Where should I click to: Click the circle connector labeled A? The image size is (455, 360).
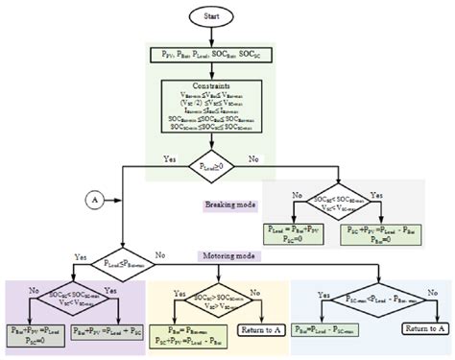95,200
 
